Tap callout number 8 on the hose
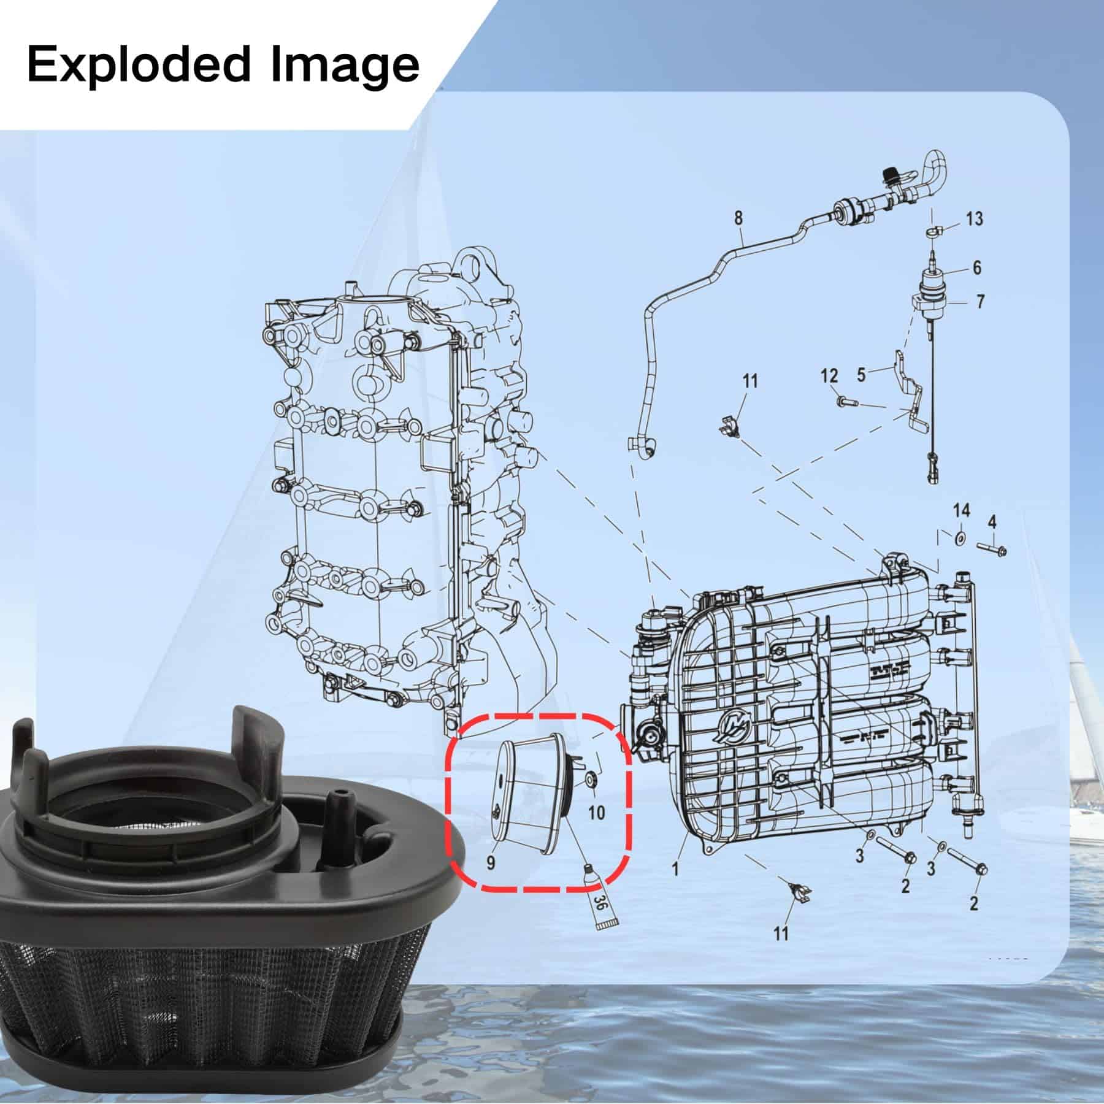(x=738, y=217)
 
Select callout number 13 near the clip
(x=974, y=218)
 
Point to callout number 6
(x=976, y=267)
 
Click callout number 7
(x=980, y=302)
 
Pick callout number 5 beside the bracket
(x=861, y=374)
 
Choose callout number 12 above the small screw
(x=829, y=375)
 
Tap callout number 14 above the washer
(x=961, y=510)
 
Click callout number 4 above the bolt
(x=992, y=523)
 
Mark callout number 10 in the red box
(x=596, y=813)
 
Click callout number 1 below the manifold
(x=675, y=869)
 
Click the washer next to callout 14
(x=960, y=537)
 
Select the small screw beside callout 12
(x=845, y=402)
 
